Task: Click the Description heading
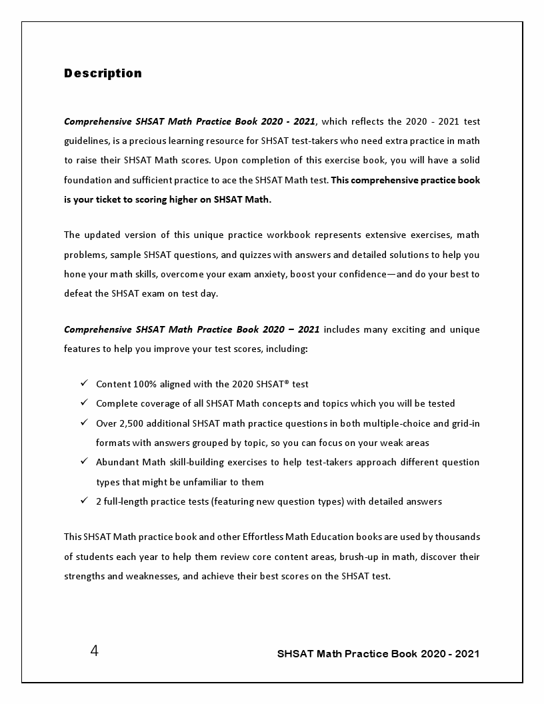(103, 73)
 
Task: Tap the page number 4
(94, 651)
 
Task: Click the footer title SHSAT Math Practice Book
(378, 654)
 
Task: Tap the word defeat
(78, 293)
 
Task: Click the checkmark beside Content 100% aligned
(84, 383)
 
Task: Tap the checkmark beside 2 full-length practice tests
(84, 501)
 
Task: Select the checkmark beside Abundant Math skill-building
(84, 461)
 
